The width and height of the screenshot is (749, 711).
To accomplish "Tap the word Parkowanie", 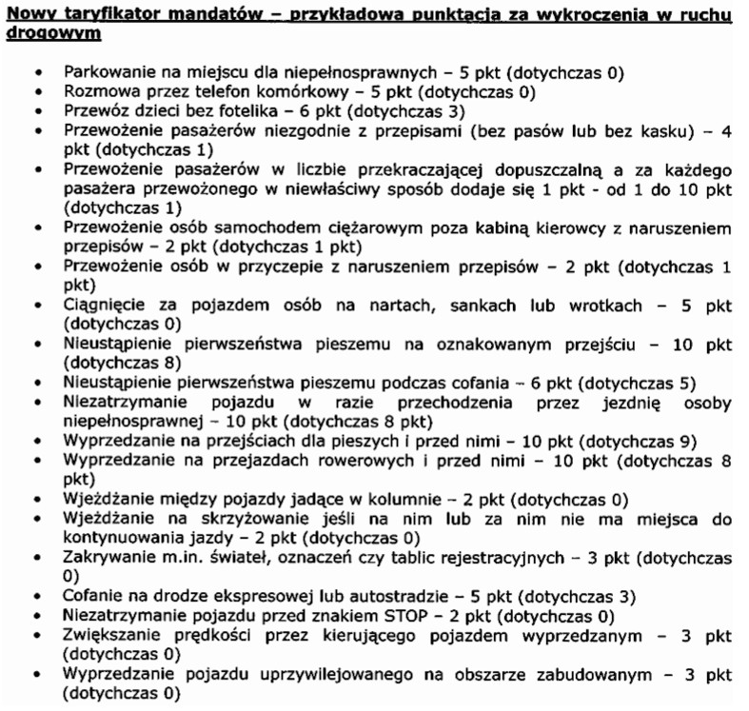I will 104,72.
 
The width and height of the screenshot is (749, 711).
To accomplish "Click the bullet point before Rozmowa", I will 37,92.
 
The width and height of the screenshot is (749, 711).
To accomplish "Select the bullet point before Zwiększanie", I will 37,636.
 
